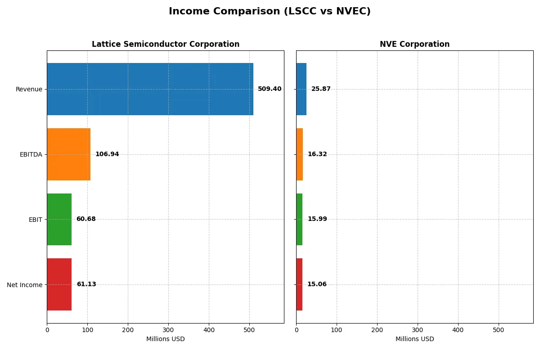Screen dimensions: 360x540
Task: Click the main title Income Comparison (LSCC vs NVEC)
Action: [270, 12]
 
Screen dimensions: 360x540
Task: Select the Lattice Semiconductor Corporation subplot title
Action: [166, 44]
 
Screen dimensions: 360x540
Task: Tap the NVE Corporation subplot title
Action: [414, 44]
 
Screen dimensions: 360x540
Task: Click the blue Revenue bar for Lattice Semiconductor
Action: [150, 89]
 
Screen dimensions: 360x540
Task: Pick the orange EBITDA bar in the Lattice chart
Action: [68, 154]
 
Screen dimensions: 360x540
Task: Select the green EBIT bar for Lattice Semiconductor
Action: [59, 219]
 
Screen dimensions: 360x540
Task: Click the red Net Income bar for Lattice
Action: [59, 284]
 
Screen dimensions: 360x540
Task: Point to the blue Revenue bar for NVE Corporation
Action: [301, 89]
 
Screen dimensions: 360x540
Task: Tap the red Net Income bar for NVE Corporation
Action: [299, 284]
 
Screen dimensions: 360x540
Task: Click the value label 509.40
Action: [270, 89]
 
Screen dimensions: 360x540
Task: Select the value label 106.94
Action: [107, 154]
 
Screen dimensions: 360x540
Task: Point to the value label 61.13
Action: [86, 284]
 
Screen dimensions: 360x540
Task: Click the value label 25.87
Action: [321, 89]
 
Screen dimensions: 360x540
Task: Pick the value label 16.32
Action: [317, 154]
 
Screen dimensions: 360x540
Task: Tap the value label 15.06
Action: [317, 284]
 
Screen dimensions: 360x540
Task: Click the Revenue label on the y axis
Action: [29, 89]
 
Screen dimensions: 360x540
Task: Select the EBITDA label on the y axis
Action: [31, 154]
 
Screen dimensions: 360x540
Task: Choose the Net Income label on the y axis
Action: [24, 284]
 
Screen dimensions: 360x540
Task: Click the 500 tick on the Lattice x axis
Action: [249, 330]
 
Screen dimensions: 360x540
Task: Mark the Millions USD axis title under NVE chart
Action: [414, 339]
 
